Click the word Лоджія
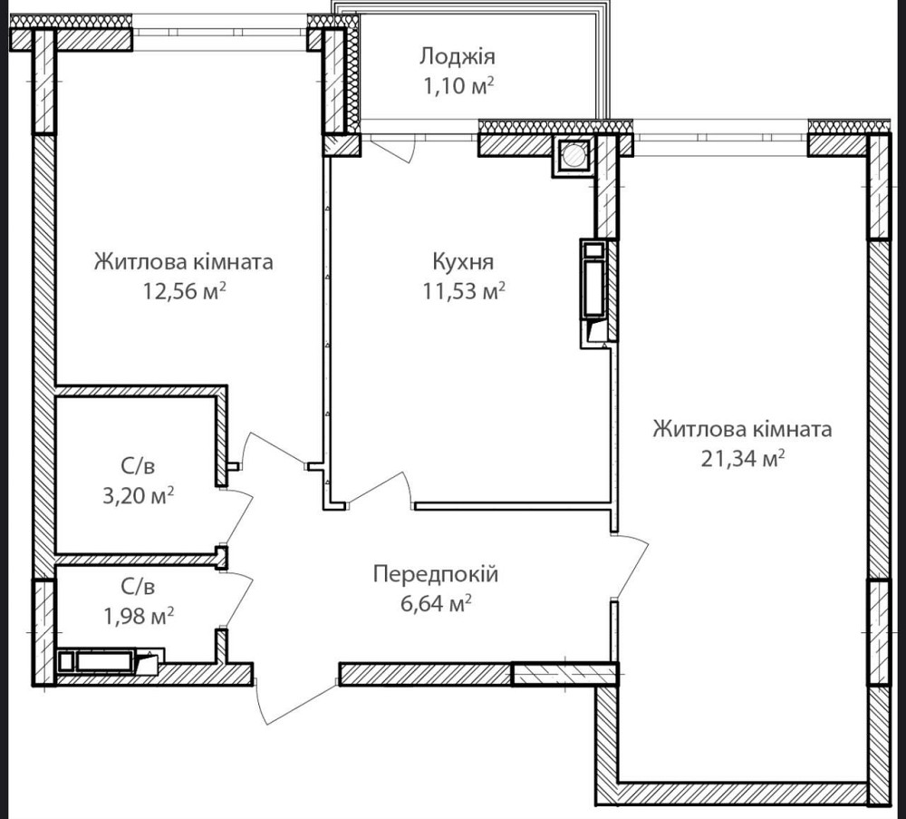click(x=457, y=56)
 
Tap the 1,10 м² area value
click(x=458, y=86)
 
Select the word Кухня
click(x=463, y=262)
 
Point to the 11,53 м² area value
click(x=464, y=290)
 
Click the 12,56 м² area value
click(x=184, y=290)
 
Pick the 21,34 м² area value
click(x=743, y=458)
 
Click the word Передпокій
click(x=435, y=574)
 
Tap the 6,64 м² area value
click(x=436, y=603)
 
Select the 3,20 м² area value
click(x=138, y=495)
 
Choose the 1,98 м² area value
click(x=138, y=616)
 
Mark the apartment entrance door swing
click(x=294, y=702)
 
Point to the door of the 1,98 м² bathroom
click(x=238, y=600)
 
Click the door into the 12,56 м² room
click(x=273, y=450)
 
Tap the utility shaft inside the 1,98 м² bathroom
click(x=110, y=661)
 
